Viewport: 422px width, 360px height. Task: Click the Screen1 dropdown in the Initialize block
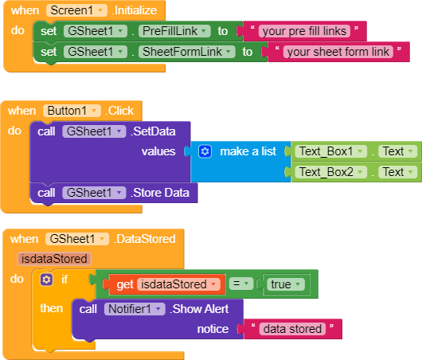point(76,10)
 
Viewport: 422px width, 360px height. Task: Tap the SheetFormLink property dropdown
point(187,52)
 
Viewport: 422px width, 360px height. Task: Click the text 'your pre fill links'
point(304,31)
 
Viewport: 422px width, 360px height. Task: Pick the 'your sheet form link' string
point(338,52)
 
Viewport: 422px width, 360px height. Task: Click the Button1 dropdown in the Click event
point(72,111)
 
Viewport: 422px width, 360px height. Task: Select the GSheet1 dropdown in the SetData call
point(94,131)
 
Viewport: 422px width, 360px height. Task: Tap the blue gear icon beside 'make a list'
point(205,151)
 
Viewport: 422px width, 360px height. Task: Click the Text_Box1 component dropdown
point(331,151)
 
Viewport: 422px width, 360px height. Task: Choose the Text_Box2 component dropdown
point(331,172)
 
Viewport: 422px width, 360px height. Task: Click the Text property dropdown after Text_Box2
point(398,172)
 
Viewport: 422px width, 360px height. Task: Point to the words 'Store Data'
point(162,193)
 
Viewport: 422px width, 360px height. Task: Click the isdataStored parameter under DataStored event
point(54,259)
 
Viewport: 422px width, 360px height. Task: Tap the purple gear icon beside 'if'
point(46,280)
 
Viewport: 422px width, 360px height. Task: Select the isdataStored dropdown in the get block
point(178,284)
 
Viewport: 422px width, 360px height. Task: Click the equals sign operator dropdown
point(241,284)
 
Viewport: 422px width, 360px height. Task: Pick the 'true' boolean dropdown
point(286,284)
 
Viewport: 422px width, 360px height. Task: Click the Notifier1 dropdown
point(135,309)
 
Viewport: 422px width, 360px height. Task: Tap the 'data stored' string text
point(292,329)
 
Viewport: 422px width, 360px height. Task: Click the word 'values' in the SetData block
point(158,151)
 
